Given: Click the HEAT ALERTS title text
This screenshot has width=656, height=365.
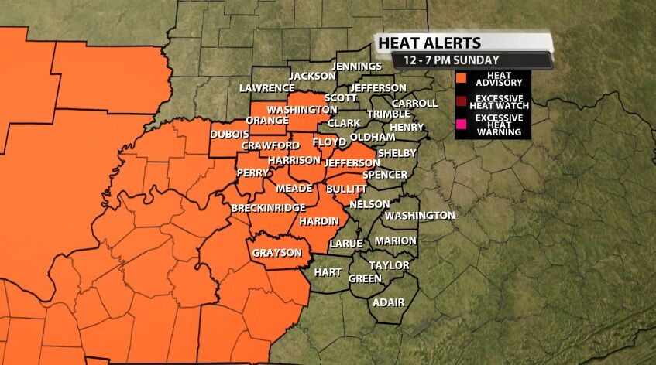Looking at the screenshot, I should [x=429, y=43].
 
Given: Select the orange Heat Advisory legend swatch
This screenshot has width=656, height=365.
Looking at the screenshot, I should [x=461, y=78].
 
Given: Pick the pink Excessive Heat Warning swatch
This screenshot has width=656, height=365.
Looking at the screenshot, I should [x=461, y=123].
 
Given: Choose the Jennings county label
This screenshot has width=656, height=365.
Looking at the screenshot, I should [x=356, y=67].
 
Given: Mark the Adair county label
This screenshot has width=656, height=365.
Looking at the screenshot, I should [x=388, y=302].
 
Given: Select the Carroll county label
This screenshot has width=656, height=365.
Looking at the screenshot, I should [x=409, y=103].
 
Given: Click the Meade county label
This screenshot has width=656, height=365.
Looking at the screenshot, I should [x=294, y=188].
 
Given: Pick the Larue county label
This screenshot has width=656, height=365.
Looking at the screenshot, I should [x=346, y=243].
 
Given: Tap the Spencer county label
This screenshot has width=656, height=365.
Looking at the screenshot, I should [x=385, y=175].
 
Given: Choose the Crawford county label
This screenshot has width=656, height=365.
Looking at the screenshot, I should [x=270, y=145].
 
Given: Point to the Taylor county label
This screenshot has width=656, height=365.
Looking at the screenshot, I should [x=389, y=264].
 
